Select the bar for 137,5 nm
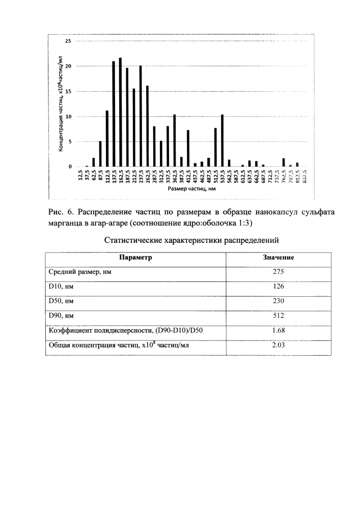[114, 114]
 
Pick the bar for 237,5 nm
[141, 116]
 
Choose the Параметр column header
[135, 258]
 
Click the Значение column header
[278, 258]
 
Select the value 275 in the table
[278, 272]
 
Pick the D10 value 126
[278, 287]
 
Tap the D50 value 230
[278, 301]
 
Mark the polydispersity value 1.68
[278, 331]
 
